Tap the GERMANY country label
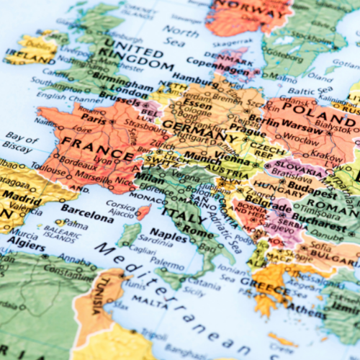tap(199, 131)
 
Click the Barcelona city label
tap(87, 210)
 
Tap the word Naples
tap(167, 235)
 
